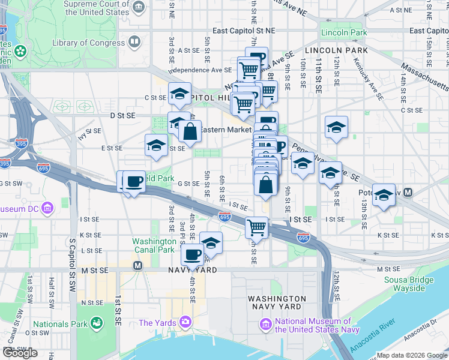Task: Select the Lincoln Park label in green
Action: (x=343, y=32)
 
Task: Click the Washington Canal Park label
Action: (x=155, y=245)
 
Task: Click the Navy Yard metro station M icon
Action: (x=137, y=265)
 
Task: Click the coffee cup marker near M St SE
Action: (x=192, y=254)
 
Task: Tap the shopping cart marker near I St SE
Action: (x=257, y=227)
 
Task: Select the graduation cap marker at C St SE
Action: (x=179, y=94)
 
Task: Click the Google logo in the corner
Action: (x=20, y=353)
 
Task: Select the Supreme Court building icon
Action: (x=139, y=8)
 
